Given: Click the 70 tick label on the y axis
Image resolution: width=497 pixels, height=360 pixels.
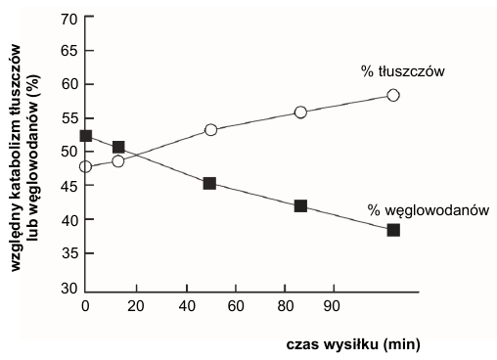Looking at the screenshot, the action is (x=69, y=20).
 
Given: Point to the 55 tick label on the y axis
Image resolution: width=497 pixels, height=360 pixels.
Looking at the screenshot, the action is (x=69, y=117).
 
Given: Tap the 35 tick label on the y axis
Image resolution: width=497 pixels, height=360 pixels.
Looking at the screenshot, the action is (x=69, y=253).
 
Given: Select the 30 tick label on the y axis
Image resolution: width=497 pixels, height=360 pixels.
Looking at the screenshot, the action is (x=69, y=289).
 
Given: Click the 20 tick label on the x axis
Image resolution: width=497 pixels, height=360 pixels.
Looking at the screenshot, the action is (x=136, y=306).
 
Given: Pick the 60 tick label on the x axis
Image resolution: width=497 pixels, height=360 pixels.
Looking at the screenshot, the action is (x=236, y=306).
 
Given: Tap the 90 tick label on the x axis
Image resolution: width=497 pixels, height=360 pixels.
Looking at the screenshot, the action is (x=332, y=306).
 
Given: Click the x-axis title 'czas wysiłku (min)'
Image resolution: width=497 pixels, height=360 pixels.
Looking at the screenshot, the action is (x=353, y=344).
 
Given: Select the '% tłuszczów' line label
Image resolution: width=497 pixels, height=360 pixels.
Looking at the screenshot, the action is (x=402, y=71).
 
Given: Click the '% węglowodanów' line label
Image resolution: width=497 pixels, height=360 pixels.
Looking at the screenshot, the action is (x=429, y=210).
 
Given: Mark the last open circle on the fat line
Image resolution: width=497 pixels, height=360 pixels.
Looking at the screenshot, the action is (x=393, y=95).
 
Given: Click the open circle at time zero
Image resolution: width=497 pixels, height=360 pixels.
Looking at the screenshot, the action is (x=85, y=166).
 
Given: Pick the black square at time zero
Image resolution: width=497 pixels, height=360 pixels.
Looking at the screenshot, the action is (x=86, y=136).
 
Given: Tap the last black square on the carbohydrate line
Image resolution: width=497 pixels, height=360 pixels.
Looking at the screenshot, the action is (x=393, y=230).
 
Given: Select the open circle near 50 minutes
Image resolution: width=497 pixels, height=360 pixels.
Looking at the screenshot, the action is (x=211, y=130).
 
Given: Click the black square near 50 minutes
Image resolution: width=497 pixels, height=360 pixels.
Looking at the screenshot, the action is (x=209, y=184).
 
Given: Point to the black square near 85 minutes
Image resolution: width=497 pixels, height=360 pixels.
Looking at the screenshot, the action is (x=300, y=206).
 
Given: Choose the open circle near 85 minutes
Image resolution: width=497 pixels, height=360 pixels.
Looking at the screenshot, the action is (x=300, y=112).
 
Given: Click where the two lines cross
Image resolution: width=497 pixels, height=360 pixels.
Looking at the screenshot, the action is (x=135, y=155).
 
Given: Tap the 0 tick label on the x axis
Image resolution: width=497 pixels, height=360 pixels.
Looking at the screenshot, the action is (x=85, y=306).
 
